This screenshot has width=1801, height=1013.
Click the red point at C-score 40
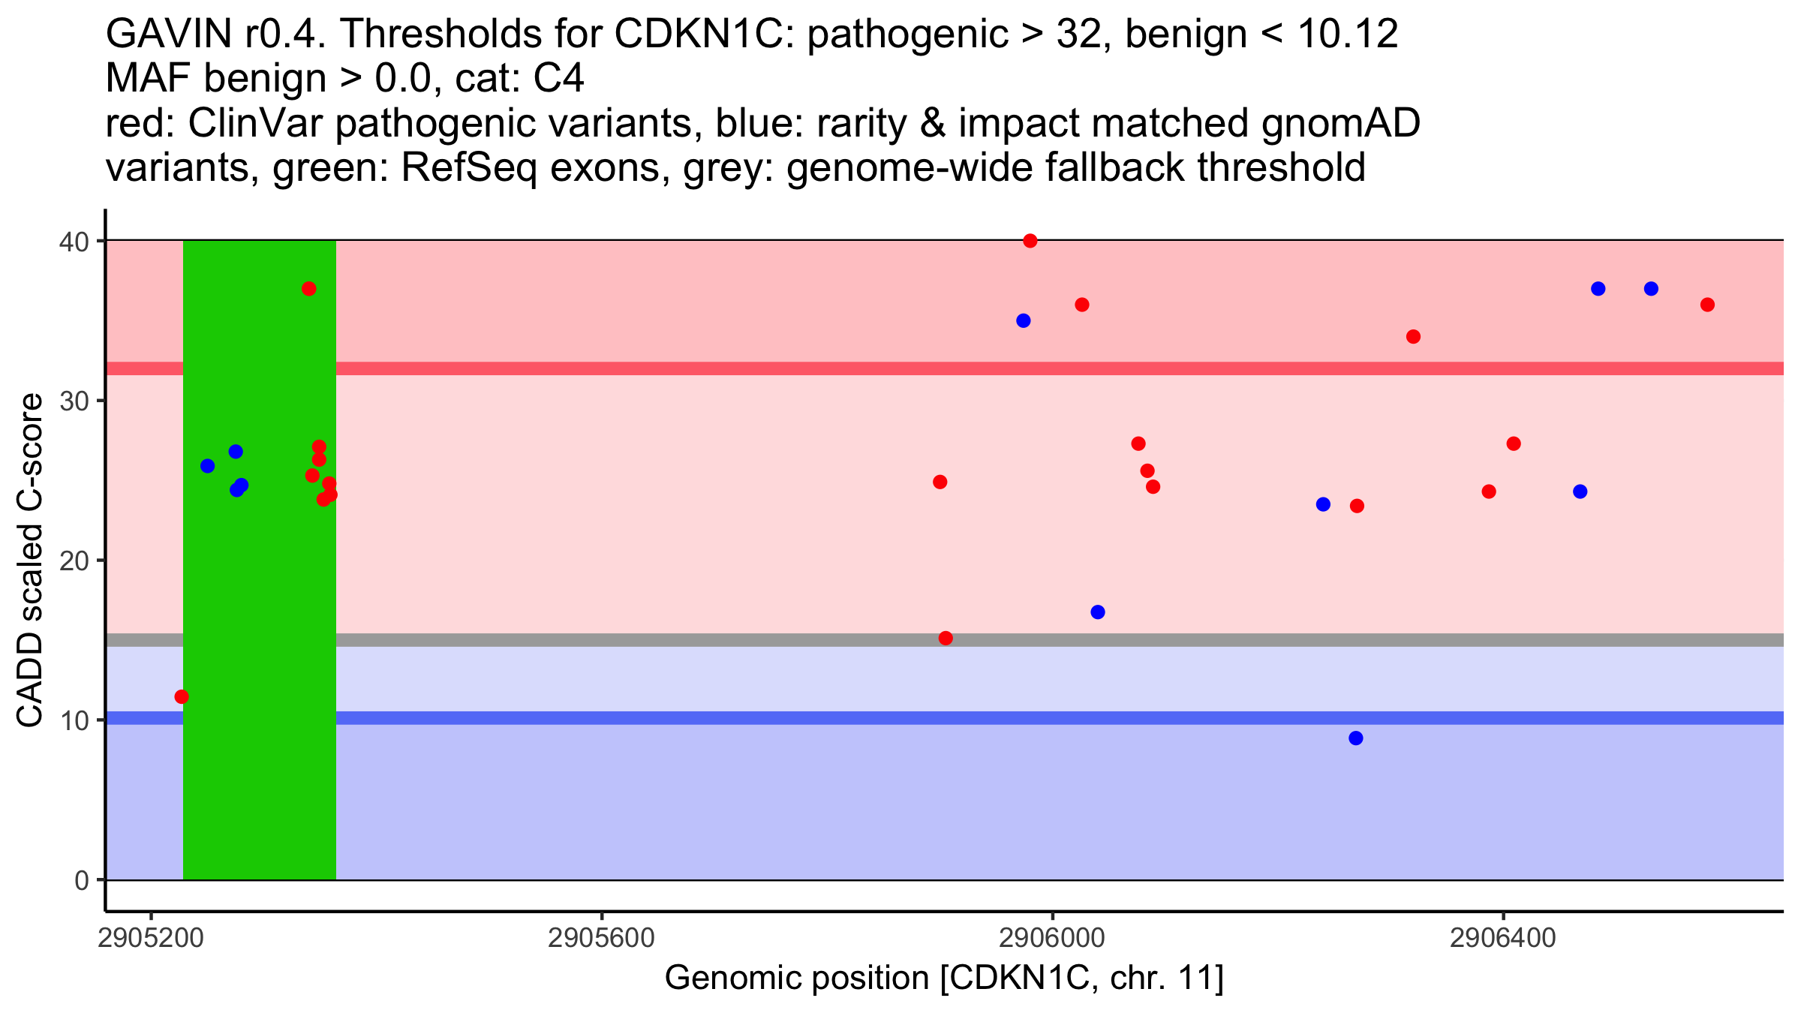point(1030,241)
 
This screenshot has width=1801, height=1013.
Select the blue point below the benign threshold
point(1356,738)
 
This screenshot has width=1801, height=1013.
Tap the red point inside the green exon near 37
point(309,289)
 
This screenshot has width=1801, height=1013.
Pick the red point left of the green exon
point(182,697)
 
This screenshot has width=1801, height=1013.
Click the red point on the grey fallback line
point(946,639)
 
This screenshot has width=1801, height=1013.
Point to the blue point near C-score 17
point(1098,612)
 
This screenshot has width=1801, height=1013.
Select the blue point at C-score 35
point(1024,321)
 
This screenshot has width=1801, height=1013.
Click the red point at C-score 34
point(1414,337)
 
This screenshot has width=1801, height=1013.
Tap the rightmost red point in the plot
point(1707,305)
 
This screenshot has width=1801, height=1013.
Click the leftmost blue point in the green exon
point(208,466)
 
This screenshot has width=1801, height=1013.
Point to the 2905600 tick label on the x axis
point(602,939)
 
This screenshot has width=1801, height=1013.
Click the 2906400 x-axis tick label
point(1503,939)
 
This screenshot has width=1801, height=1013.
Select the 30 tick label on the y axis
point(74,401)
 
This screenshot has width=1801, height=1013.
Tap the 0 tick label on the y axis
point(82,880)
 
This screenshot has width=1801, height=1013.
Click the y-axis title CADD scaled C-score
point(31,561)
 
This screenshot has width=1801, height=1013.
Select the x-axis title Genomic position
point(944,978)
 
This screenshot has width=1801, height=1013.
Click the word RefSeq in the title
point(469,167)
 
